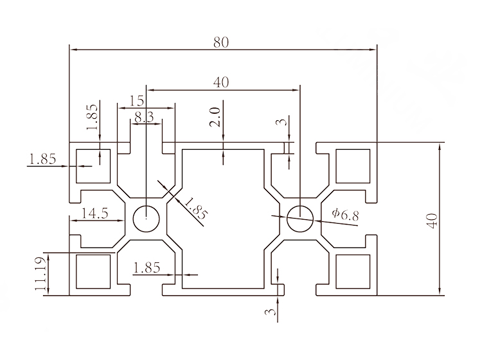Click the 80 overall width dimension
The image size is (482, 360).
[x=221, y=42]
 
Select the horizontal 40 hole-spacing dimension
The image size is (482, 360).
[x=221, y=82]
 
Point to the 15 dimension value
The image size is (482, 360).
[x=136, y=101]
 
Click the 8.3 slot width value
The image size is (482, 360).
[x=144, y=117]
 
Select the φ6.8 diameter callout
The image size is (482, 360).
[x=345, y=215]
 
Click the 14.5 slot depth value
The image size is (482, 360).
[x=94, y=214]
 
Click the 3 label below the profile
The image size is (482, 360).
[x=272, y=314]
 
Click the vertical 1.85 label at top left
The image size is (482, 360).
[x=92, y=116]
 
